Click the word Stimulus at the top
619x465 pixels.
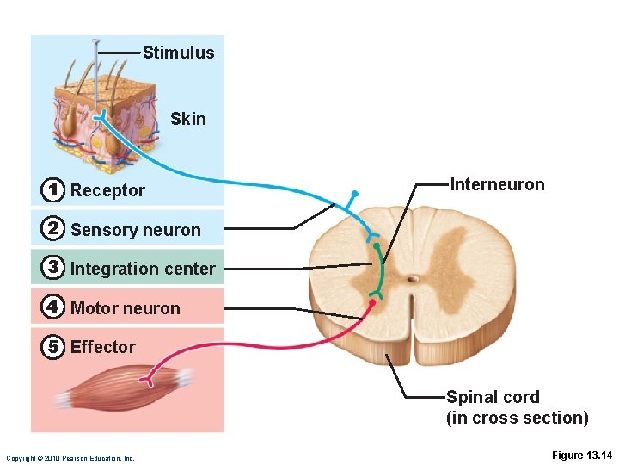click(x=178, y=53)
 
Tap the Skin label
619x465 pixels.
click(x=188, y=119)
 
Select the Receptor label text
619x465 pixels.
click(x=107, y=190)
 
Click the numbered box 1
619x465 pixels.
click(x=53, y=189)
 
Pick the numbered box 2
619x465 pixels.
click(x=53, y=229)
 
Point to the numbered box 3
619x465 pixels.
click(x=53, y=268)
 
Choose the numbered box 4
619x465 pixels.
click(x=53, y=307)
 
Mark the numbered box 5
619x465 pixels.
click(x=53, y=346)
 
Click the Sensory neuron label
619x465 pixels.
click(x=135, y=230)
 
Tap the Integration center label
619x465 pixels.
click(x=143, y=269)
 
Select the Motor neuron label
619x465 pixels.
click(x=126, y=308)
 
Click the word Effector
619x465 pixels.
click(x=103, y=347)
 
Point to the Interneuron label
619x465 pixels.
click(x=497, y=184)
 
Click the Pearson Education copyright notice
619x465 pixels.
click(x=70, y=457)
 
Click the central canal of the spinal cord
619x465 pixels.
click(x=414, y=278)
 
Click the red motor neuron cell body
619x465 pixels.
click(x=373, y=302)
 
